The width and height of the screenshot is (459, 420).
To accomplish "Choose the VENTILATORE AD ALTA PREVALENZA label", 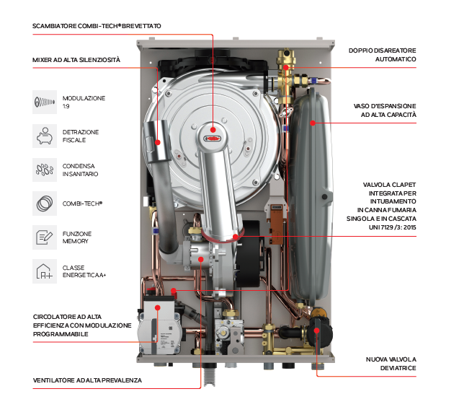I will click(x=87, y=380).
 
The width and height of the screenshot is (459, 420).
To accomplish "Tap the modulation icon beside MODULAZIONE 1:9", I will click(x=45, y=102).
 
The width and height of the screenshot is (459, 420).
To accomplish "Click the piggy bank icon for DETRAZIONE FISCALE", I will click(x=45, y=135).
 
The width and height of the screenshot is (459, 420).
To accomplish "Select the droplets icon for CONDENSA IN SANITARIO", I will click(x=45, y=170).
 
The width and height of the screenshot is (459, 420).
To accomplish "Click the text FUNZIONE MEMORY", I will click(x=77, y=237).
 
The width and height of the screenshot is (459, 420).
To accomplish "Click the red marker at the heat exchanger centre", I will click(x=215, y=131).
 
